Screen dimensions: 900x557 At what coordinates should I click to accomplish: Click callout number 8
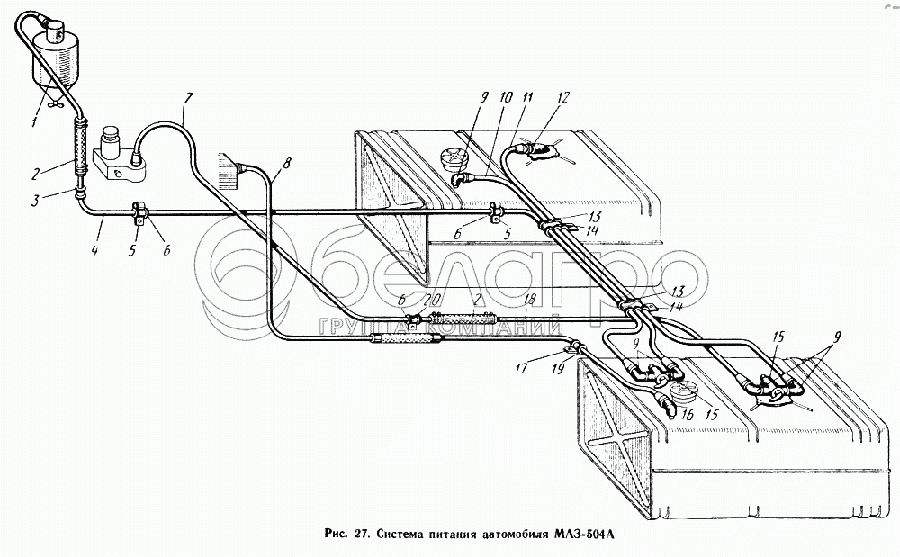click(287, 163)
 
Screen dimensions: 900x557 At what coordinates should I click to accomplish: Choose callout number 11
click(526, 96)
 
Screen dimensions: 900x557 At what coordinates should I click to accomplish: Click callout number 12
click(563, 96)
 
